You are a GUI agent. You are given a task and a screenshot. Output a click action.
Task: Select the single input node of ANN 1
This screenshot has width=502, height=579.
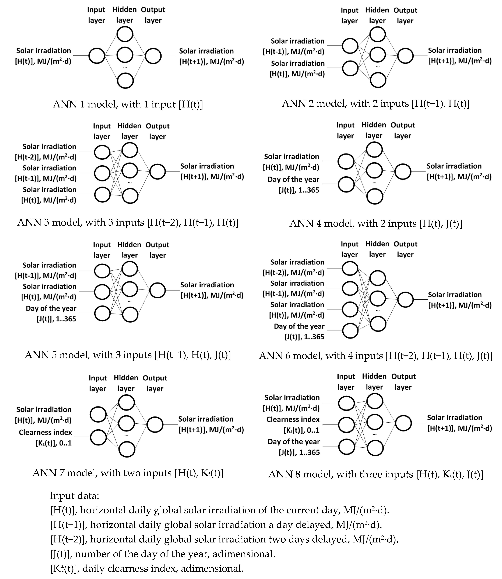[97, 56]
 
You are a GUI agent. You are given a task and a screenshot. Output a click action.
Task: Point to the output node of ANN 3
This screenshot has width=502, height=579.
[157, 171]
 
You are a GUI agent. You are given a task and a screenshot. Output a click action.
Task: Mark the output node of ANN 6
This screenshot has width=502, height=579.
[405, 300]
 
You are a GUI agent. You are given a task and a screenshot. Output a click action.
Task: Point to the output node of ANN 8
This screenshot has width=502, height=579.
[403, 423]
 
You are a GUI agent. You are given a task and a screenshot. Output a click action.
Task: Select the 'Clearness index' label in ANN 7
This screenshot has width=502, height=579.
[45, 432]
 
